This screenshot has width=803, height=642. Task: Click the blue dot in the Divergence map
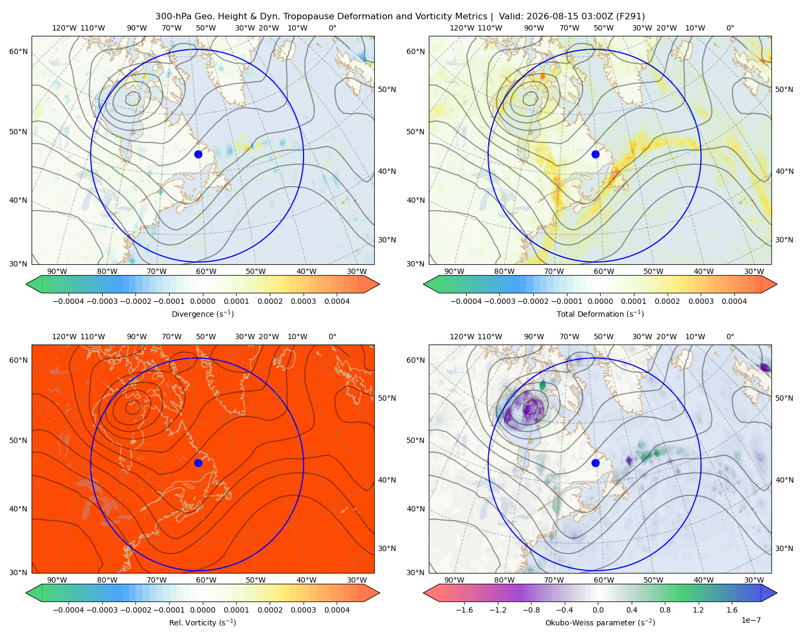point(198,154)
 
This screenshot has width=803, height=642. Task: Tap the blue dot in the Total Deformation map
point(595,154)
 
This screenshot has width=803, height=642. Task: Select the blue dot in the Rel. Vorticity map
point(198,463)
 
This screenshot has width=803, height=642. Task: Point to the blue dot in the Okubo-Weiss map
point(595,463)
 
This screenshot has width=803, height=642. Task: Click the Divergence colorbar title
point(202,314)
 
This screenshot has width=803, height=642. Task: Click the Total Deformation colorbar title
point(600,314)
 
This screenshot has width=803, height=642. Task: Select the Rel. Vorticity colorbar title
point(202,622)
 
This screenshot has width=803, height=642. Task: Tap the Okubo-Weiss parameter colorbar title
point(600,622)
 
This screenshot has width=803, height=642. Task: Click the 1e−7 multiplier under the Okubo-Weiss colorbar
point(751,620)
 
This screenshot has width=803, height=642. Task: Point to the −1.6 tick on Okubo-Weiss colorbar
point(465,609)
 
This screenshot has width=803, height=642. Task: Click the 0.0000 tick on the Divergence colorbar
point(202,301)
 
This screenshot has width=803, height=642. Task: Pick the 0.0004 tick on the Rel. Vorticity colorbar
point(337,609)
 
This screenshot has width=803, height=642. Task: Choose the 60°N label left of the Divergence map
point(18,51)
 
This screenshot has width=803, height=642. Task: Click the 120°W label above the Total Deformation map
point(462,28)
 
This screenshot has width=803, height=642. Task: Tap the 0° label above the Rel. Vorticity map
point(332,337)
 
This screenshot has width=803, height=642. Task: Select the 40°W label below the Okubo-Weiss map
point(704,580)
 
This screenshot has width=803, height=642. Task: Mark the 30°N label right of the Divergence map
point(387,240)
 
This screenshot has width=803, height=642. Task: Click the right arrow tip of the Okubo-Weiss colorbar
point(777,593)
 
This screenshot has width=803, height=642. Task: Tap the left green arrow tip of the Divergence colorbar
point(26,284)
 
